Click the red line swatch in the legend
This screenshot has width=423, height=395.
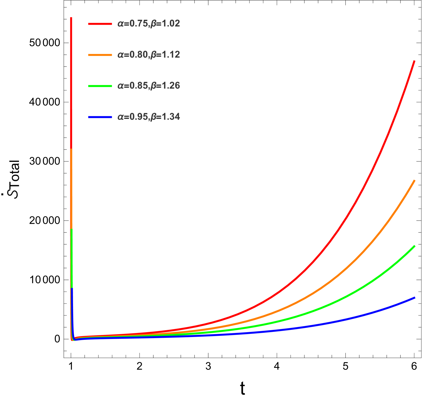tap(100, 24)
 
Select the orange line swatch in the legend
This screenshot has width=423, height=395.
tap(100, 55)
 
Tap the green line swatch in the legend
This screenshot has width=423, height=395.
tap(100, 86)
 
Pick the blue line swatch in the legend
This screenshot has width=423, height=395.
tap(100, 117)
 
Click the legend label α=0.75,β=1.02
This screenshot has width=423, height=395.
tap(149, 24)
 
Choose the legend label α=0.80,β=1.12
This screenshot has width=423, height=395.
tap(149, 55)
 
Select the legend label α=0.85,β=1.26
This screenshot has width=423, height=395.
tap(149, 86)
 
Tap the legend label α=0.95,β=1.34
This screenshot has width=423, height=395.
tap(149, 117)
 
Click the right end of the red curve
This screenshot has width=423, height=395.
tap(414, 61)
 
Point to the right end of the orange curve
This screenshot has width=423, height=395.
tap(415, 181)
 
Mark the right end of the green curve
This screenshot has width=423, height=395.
tap(415, 246)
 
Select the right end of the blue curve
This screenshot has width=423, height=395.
tap(415, 298)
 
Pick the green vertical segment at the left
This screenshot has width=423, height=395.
tap(72, 257)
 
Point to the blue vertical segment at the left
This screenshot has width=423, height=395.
tap(72, 306)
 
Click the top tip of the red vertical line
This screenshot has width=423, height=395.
tap(71, 18)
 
